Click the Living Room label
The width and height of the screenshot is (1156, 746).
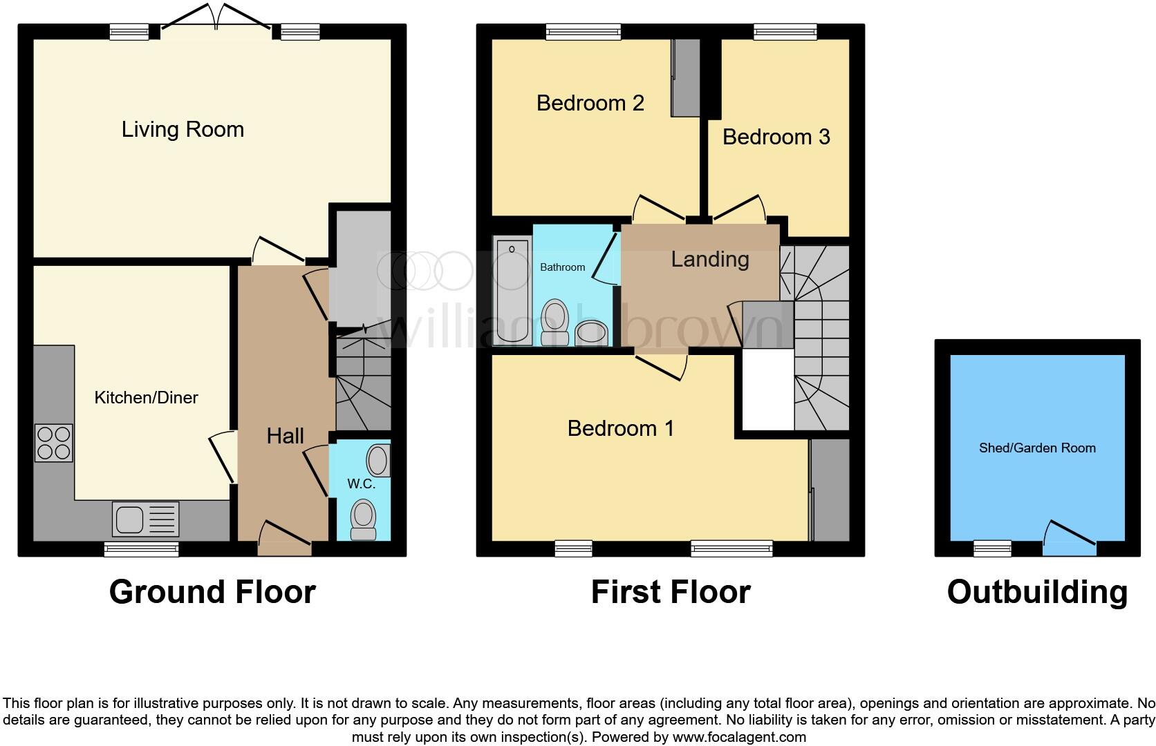(183, 129)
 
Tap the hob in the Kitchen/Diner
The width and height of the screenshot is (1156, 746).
(53, 443)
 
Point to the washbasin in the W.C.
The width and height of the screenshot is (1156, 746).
(378, 461)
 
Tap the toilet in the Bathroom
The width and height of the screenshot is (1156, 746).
(554, 321)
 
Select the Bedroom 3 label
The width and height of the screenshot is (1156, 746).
(776, 137)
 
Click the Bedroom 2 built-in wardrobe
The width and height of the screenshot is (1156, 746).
(685, 77)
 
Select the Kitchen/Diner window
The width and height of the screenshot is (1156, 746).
(142, 549)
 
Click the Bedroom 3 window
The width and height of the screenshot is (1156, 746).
(785, 31)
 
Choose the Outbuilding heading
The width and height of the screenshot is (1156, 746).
(1036, 592)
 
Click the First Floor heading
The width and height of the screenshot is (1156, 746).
(670, 592)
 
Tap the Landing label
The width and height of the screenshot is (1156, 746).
(710, 259)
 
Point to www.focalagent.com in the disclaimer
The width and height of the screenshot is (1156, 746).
(739, 737)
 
